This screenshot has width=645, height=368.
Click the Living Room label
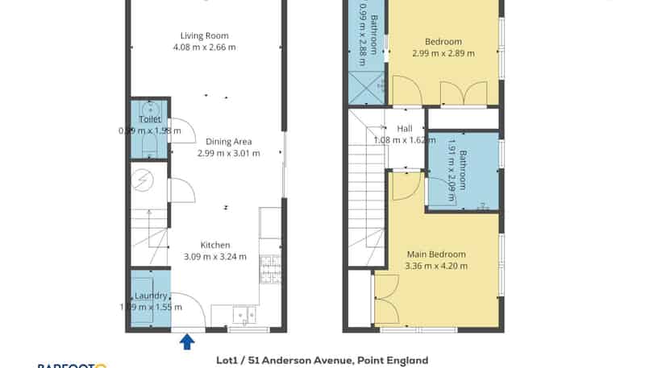[204, 35]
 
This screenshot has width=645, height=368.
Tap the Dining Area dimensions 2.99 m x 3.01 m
[229, 153]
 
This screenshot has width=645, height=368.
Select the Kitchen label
[215, 245]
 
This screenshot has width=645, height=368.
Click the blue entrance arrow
[187, 342]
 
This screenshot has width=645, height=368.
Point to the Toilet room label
[150, 120]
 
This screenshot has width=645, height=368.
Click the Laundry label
[151, 296]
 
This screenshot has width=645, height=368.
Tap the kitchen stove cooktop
[270, 268]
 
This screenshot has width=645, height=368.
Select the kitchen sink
[242, 315]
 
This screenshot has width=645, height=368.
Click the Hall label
[404, 128]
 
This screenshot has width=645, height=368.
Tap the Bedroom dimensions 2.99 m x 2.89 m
[443, 53]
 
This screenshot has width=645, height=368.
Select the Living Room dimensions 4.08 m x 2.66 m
[204, 47]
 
